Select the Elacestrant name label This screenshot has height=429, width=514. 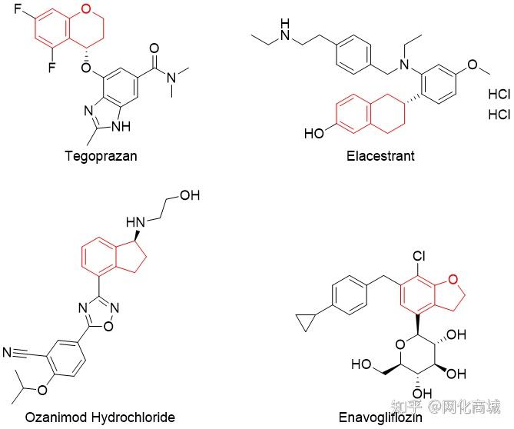point(380,157)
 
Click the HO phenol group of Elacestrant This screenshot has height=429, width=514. point(313,135)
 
